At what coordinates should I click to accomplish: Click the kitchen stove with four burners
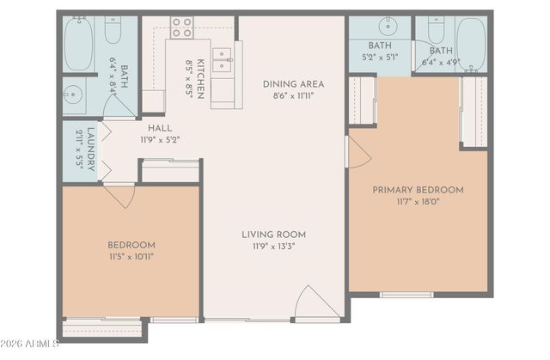coord(181,27)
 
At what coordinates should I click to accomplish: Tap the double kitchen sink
coord(222,59)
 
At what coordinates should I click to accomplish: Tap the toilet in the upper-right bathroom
coord(434,32)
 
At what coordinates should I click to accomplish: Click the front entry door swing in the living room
coord(314,305)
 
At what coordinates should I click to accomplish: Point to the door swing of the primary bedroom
coord(357,152)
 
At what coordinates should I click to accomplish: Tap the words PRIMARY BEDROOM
coord(418,190)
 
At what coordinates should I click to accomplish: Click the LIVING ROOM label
coord(273,235)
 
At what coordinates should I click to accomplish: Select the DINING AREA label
coord(293,83)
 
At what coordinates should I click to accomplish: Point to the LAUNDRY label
coord(91,150)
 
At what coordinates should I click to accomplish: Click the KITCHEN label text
coord(200,78)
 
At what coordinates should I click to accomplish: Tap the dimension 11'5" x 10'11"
coord(131,255)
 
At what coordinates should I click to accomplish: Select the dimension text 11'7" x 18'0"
coord(418,201)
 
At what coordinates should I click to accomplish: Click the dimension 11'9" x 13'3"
coord(273,246)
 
